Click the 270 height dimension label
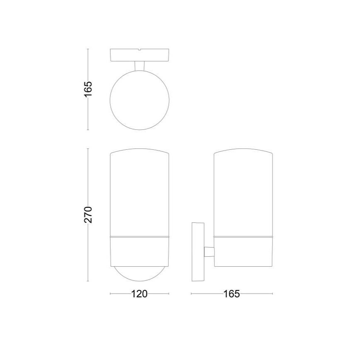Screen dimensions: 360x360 tap(88, 214)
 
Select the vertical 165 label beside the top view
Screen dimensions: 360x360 tap(88, 89)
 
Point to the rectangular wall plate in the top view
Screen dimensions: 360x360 tap(124, 55)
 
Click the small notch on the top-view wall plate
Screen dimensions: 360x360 tap(140, 51)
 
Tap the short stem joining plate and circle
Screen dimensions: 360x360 tap(139, 66)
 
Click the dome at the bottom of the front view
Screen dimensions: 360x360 tap(139, 274)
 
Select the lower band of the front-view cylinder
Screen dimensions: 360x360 tap(139, 251)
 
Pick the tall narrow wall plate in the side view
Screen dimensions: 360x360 tap(198, 252)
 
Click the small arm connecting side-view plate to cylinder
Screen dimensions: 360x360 tap(209, 252)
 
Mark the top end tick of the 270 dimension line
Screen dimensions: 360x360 tap(88, 148)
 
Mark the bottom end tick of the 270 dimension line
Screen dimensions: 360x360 tap(88, 281)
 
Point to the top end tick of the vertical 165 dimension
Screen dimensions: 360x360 tap(88, 49)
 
